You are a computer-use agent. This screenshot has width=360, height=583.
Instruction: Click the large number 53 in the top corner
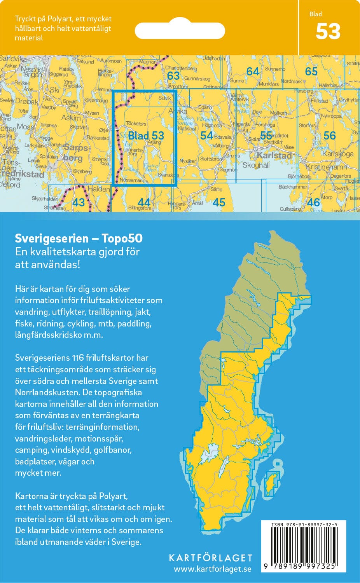tap(328, 32)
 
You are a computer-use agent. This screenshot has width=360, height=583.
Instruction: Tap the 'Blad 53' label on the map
tap(146, 136)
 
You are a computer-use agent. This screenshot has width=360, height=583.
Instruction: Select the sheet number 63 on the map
tap(173, 75)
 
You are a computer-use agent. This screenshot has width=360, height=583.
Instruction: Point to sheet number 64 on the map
tap(253, 72)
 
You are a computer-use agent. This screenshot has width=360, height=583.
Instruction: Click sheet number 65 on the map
tap(311, 72)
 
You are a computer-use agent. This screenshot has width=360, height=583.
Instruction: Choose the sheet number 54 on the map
tap(206, 135)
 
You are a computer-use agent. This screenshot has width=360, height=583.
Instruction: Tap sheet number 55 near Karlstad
tap(266, 135)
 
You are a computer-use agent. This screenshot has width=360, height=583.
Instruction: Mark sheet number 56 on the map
tap(329, 135)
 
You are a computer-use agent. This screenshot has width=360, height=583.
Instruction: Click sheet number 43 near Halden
tap(79, 202)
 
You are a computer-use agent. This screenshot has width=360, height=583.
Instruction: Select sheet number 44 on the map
tap(144, 202)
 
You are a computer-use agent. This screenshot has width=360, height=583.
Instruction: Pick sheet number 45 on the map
tap(219, 202)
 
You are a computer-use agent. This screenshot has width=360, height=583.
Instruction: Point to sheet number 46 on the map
tap(313, 202)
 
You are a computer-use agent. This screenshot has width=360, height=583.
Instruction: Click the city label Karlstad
tap(274, 155)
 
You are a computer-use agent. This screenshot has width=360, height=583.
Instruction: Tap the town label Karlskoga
tap(337, 154)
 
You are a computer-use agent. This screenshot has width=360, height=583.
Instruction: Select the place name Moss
tap(25, 127)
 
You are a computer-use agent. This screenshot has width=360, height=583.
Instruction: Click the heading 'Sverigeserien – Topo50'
tap(79, 238)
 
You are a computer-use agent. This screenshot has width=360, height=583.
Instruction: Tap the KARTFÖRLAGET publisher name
tap(210, 558)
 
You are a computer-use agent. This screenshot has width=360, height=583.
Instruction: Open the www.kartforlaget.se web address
tap(212, 569)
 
